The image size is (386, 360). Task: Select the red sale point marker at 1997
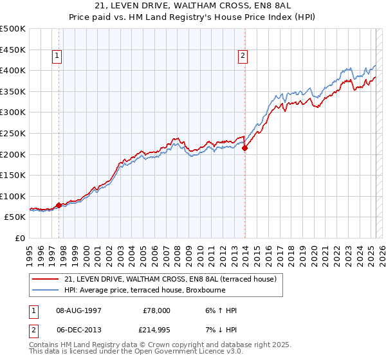pos(59,205)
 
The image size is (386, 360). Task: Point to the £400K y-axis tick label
pos(13,70)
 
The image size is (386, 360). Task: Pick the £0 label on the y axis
pos(20,238)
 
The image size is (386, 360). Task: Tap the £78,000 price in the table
pos(156,310)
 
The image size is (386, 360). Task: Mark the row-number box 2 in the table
pos(33,330)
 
